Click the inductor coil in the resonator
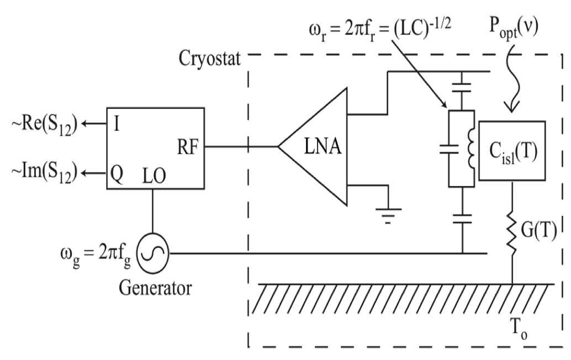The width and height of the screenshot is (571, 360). (x=471, y=149)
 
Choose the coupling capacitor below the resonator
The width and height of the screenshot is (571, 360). (x=461, y=219)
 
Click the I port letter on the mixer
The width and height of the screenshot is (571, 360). (x=118, y=123)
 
